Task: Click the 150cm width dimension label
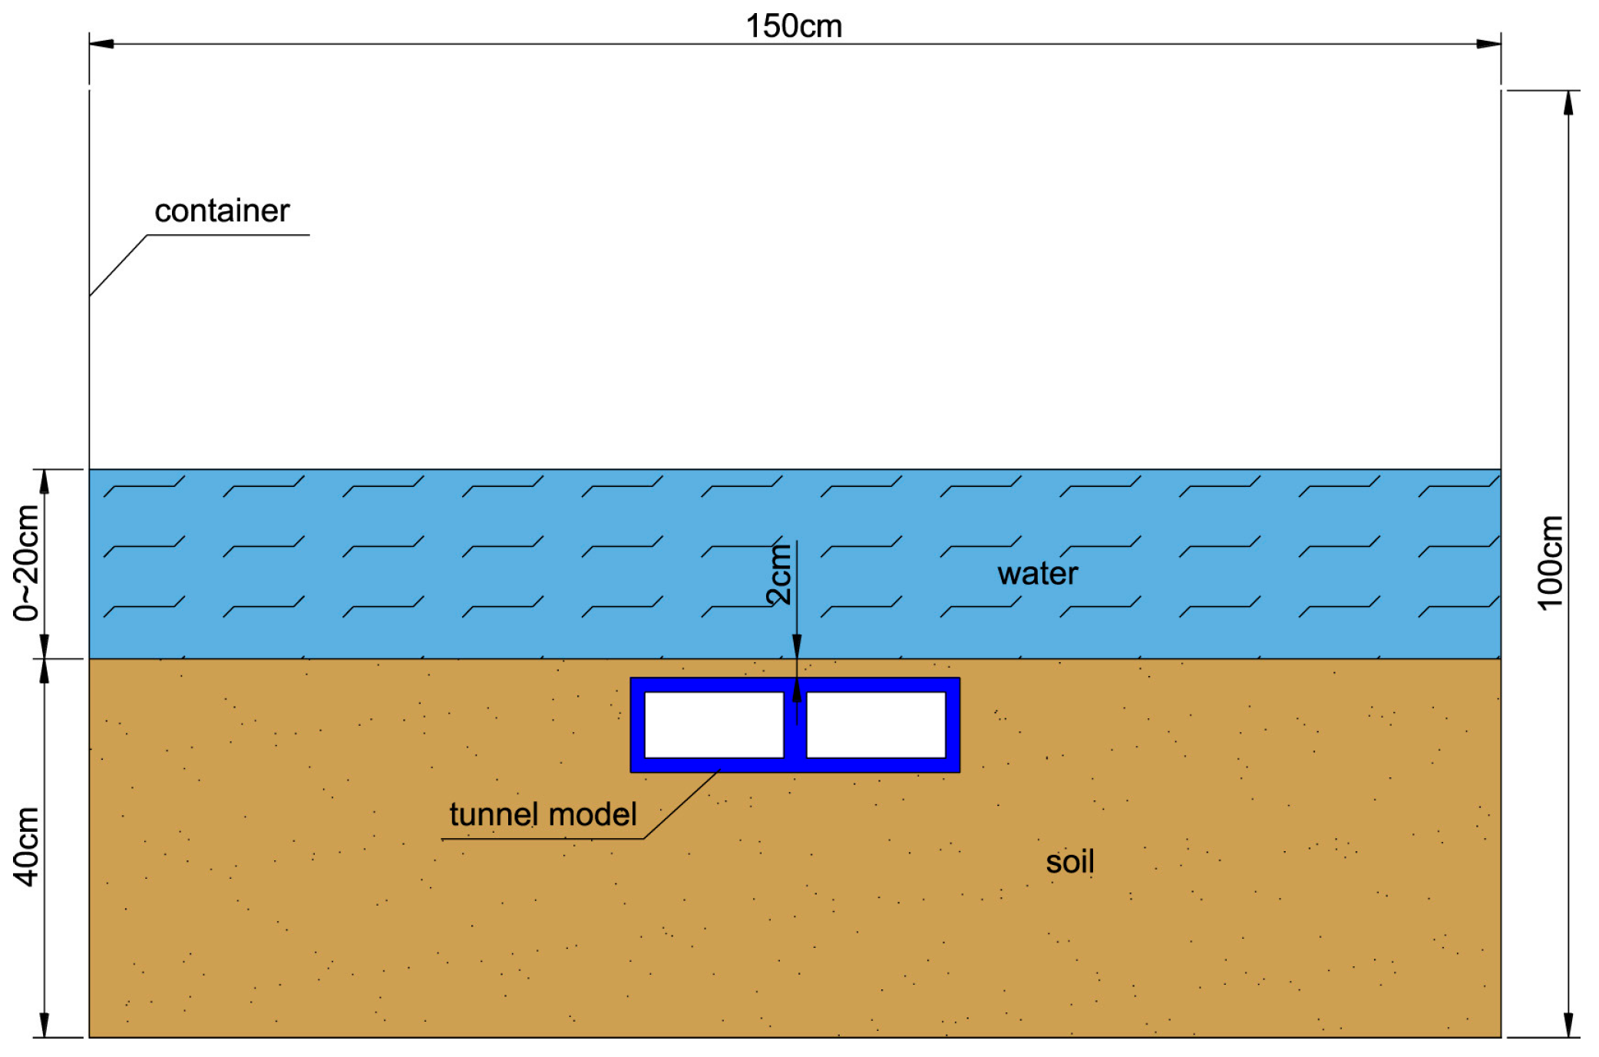coord(794,26)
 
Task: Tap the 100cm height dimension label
coord(1550,563)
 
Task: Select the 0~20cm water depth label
coord(26,563)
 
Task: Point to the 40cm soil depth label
coord(26,847)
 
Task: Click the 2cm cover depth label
coord(779,575)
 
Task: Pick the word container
coord(222,210)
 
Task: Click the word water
coord(1037,574)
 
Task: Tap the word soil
coord(1069,862)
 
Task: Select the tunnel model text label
coord(543,814)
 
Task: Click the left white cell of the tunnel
coord(714,724)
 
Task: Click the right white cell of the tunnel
coord(876,724)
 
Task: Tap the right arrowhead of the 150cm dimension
coord(1488,44)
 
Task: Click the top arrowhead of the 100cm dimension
coord(1568,103)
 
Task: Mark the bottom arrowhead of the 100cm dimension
coord(1568,1026)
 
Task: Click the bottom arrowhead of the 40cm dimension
coord(45,1026)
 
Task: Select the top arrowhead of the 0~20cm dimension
coord(45,481)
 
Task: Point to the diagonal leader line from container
coord(118,265)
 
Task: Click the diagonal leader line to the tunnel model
coord(680,804)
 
